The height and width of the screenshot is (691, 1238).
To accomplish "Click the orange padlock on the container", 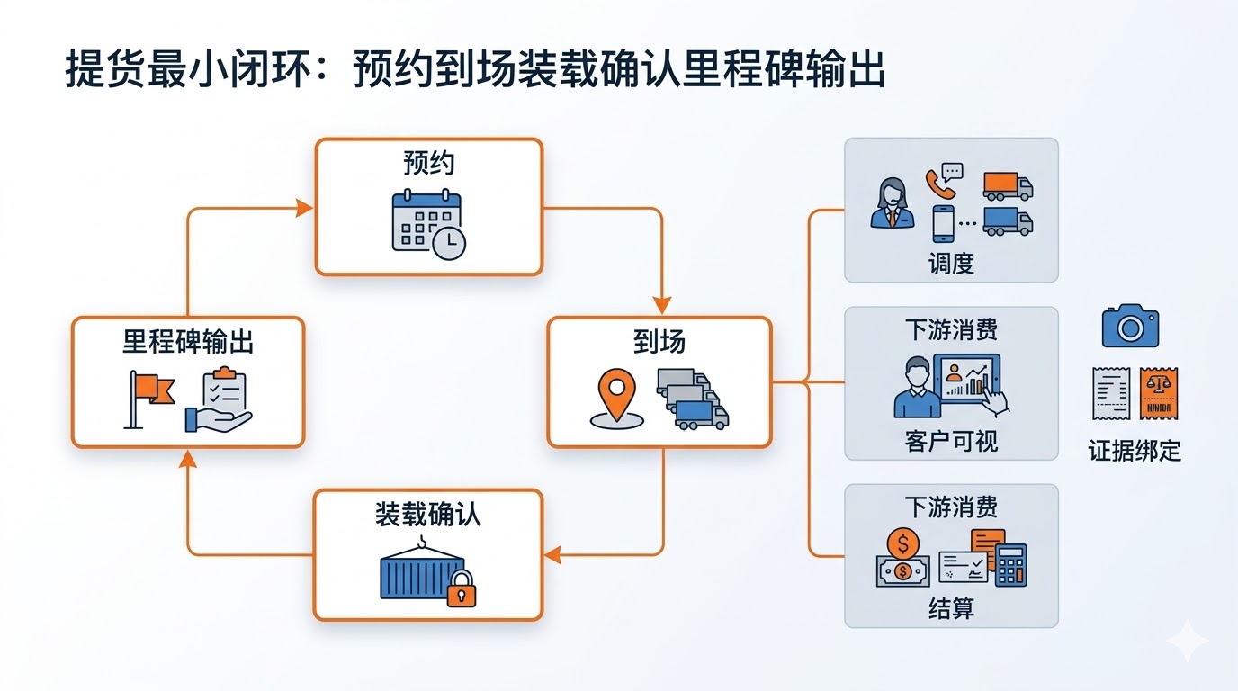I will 461,588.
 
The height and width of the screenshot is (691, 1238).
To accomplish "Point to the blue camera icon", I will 1130,326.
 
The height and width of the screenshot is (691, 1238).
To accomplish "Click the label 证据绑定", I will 1135,450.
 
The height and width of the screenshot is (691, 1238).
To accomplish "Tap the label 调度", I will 951,264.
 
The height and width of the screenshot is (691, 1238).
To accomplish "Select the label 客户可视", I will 951,441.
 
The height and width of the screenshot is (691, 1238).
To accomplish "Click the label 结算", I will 951,609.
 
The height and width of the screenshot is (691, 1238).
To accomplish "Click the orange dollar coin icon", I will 902,544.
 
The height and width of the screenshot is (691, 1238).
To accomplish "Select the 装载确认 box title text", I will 427,514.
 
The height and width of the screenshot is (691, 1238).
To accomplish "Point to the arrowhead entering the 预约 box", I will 305,209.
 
